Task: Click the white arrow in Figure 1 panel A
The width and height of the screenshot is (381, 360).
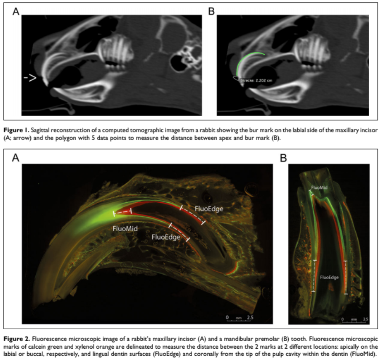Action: [x=30, y=78]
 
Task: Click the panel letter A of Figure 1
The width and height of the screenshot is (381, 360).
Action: [x=16, y=12]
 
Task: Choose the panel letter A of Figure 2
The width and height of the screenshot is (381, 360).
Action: [x=16, y=157]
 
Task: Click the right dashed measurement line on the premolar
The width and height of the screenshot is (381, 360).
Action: [x=346, y=278]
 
